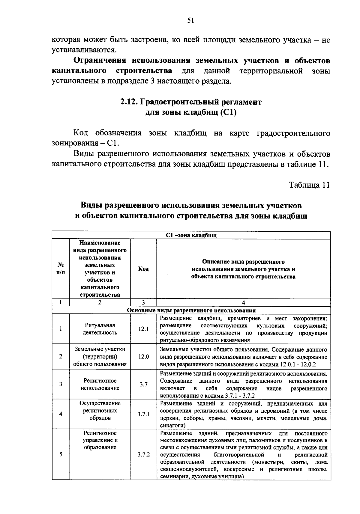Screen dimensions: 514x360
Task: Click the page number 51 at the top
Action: coord(191,20)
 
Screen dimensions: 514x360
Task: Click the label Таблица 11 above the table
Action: coord(309,185)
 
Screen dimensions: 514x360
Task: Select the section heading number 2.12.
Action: coord(129,102)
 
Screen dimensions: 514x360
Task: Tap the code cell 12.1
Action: coord(143,329)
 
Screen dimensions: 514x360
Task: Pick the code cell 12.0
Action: coord(143,357)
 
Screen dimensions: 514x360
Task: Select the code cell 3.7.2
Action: coord(143,454)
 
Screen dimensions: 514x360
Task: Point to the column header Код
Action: coord(143,269)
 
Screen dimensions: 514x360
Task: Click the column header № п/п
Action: coord(61,269)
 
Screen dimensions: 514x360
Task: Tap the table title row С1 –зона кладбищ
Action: coord(191,235)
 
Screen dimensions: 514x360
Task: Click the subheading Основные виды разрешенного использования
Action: coord(191,310)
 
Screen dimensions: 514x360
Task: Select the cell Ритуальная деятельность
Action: coord(100,329)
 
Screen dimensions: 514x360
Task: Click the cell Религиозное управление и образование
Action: coord(100,440)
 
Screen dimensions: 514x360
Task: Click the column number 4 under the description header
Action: coord(243,302)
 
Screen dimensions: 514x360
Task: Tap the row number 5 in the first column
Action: coord(61,454)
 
